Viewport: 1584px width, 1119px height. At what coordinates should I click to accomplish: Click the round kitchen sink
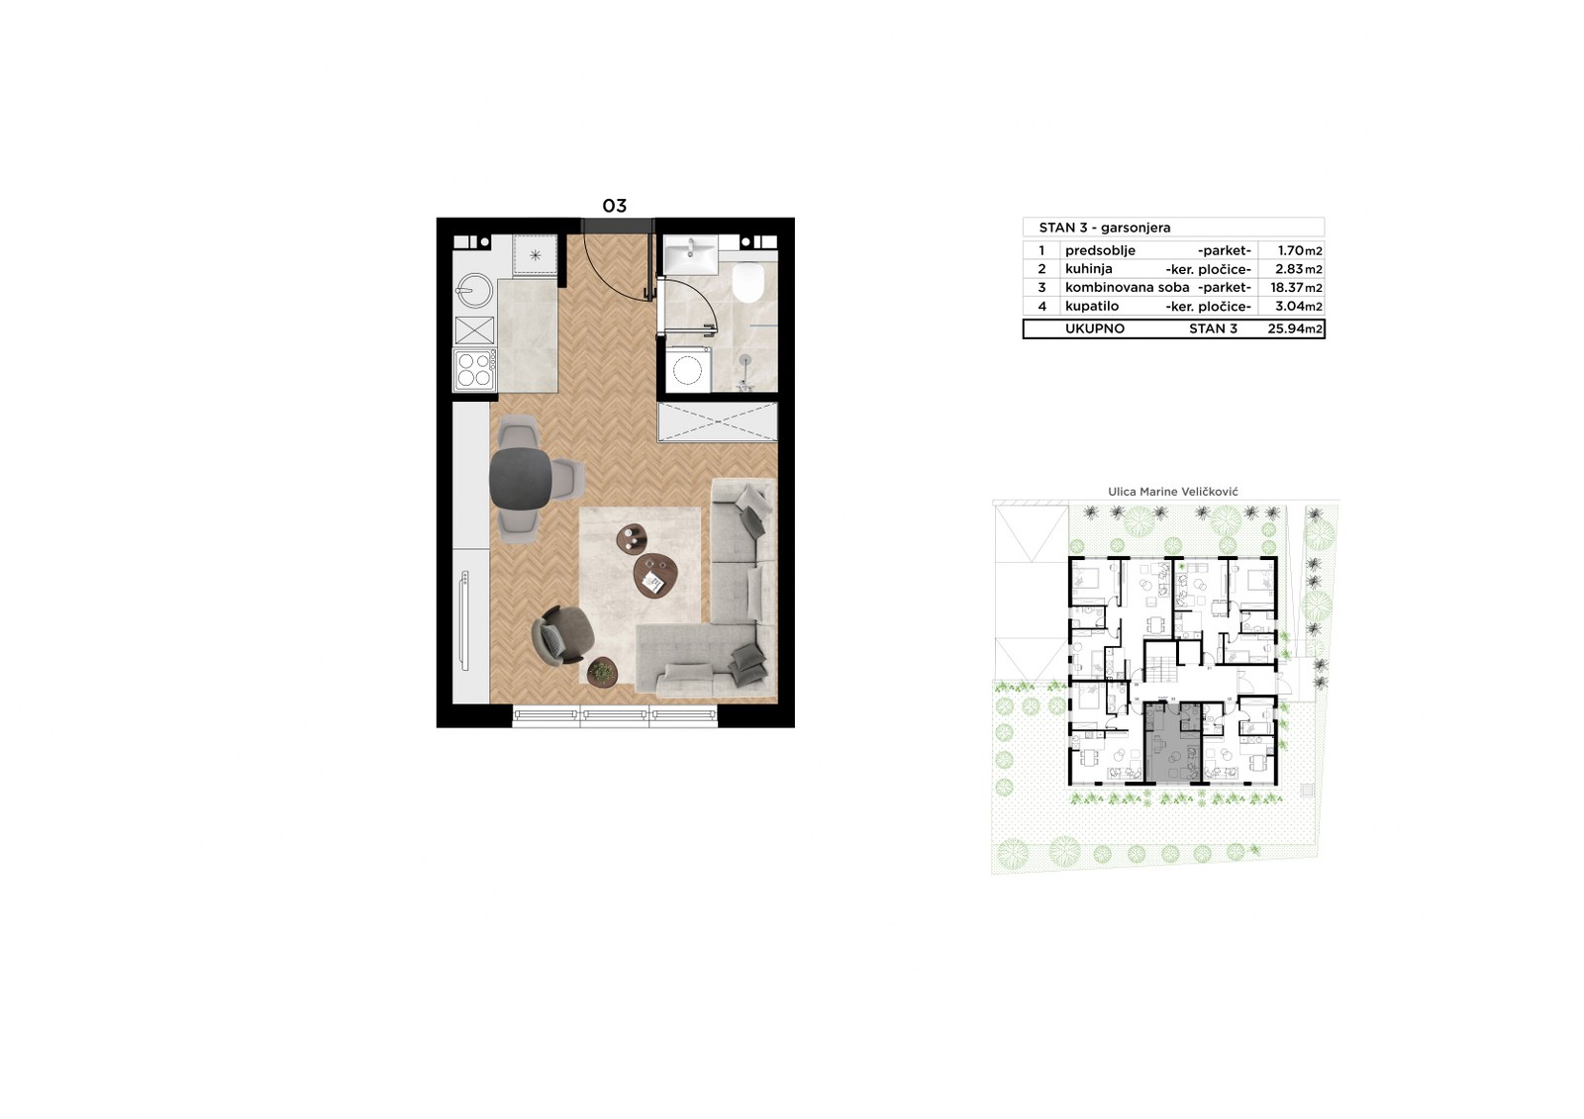[474, 291]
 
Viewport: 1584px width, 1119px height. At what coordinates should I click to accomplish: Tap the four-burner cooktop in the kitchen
[474, 370]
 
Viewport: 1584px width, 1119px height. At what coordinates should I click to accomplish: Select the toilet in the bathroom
[747, 282]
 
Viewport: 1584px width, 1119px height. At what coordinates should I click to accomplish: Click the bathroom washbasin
[690, 253]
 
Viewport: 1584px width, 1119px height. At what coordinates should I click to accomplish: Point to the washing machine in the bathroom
[687, 369]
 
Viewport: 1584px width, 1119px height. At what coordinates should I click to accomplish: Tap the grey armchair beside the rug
[563, 635]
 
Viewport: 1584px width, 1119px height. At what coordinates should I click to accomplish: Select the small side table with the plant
[603, 671]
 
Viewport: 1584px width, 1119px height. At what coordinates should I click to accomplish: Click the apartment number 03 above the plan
[614, 206]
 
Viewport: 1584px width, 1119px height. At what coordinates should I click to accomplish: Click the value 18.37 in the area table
[1287, 288]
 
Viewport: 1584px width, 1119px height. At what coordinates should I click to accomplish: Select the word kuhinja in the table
[1089, 268]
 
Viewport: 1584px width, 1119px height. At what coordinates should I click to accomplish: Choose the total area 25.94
[1286, 328]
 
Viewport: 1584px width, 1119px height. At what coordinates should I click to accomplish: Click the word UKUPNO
[1095, 328]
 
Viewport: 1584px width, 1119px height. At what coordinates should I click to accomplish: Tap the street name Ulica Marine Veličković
[1172, 492]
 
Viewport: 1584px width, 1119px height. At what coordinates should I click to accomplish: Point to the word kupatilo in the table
[1092, 306]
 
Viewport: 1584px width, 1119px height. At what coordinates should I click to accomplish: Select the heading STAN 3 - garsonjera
[1105, 228]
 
